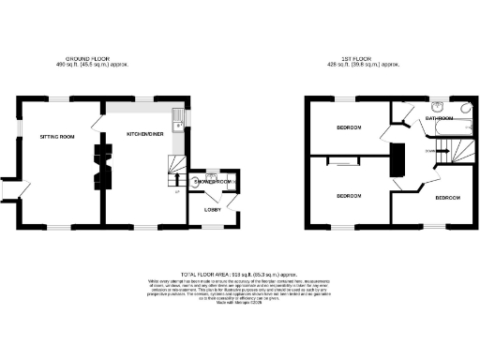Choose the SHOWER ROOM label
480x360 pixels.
214,181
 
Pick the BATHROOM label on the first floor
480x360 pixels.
441,119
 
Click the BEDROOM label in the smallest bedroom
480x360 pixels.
447,198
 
